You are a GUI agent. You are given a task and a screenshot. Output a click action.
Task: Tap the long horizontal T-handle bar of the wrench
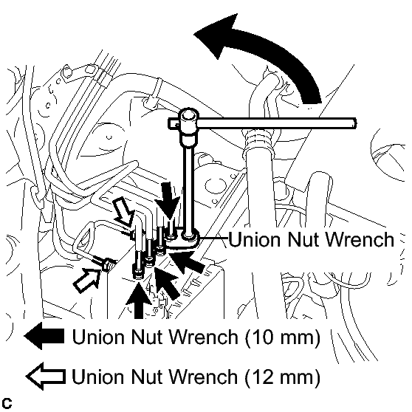click(276, 123)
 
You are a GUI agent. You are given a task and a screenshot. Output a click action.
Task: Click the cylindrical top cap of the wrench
click(188, 115)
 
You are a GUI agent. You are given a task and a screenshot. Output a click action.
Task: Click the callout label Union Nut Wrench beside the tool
click(312, 239)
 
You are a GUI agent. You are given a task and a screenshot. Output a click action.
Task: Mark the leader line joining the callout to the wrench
click(213, 238)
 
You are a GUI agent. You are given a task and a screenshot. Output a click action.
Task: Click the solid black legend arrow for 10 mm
click(44, 336)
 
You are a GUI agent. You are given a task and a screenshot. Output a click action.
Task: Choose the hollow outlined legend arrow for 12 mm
click(45, 377)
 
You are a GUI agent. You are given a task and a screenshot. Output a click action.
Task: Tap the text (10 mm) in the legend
click(283, 337)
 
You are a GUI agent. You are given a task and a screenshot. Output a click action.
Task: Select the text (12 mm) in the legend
click(283, 377)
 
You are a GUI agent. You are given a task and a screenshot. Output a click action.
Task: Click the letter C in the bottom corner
click(7, 403)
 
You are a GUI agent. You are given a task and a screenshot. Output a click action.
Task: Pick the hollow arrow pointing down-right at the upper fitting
click(123, 211)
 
